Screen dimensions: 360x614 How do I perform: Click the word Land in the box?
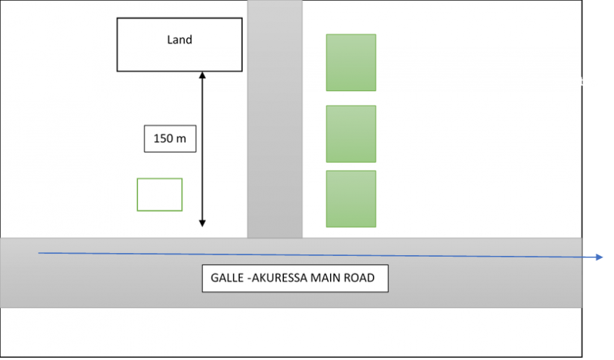pos(179,40)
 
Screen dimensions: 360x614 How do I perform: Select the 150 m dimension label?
pos(170,138)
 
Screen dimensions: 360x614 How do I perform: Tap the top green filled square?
pos(351,62)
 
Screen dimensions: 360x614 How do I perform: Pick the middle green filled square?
pos(351,134)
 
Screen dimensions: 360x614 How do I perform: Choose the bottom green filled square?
pos(351,199)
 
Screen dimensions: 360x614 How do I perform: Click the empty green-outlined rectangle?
pos(160,194)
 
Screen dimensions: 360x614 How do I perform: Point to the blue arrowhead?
pos(600,257)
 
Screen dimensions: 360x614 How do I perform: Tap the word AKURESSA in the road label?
pos(276,278)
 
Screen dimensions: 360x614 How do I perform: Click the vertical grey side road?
pos(274,116)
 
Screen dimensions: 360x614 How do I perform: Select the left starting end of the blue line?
pos(39,253)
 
